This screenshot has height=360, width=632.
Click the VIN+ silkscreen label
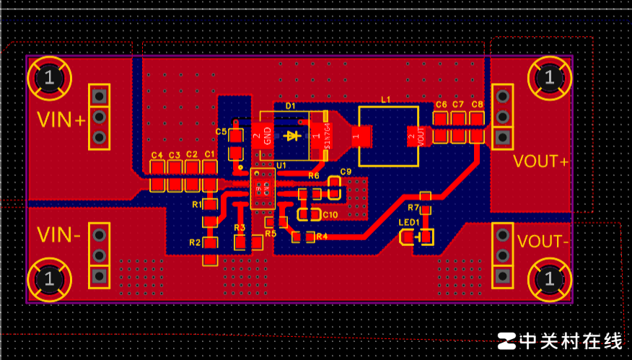point(61,120)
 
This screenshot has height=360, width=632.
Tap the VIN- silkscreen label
point(59,235)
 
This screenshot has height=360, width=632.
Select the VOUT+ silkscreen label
point(540,161)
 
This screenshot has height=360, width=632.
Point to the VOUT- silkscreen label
point(543,241)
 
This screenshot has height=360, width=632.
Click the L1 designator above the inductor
point(385,99)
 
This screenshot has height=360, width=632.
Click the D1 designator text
point(290,106)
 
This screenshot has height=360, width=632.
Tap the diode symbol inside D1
point(292,136)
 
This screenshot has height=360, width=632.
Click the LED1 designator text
point(409,222)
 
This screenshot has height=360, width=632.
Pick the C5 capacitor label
point(221,132)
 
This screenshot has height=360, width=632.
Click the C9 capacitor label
point(346,172)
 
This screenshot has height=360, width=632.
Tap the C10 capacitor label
point(330,215)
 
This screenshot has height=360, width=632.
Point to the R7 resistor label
point(413,208)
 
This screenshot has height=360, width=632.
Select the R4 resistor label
point(322,236)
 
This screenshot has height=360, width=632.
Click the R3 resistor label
point(240,227)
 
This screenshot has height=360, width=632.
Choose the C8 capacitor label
point(477,105)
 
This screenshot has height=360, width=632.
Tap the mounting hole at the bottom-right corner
point(550,278)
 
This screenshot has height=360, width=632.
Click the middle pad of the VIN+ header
point(100,116)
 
